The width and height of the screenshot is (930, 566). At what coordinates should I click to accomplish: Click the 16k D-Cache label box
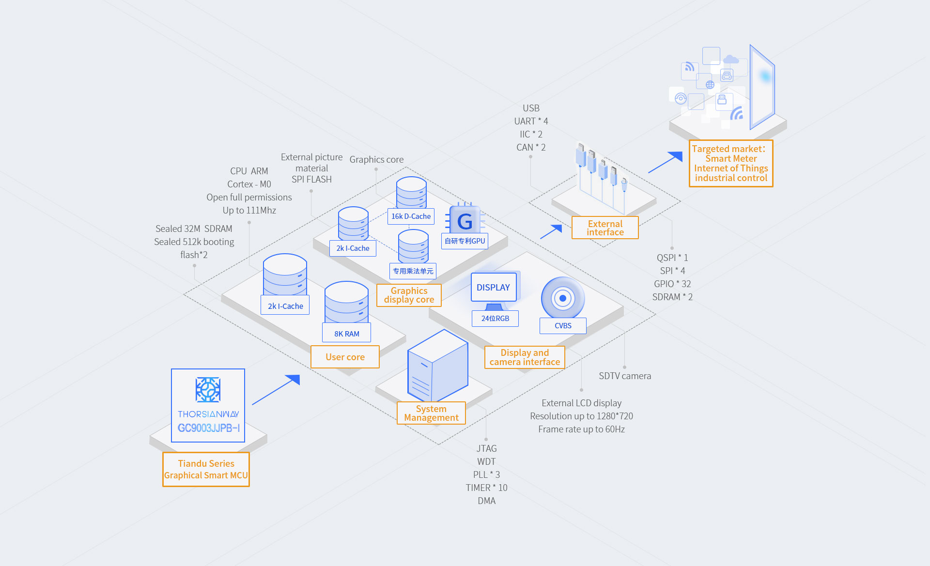(411, 216)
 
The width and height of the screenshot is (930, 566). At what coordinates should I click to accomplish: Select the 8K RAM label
(347, 334)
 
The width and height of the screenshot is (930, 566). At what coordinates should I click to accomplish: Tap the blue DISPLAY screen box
(494, 287)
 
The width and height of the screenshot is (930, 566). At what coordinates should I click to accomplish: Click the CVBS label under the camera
(563, 325)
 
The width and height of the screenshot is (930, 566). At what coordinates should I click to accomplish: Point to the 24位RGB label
(495, 318)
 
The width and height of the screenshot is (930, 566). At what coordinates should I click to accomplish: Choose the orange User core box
(345, 357)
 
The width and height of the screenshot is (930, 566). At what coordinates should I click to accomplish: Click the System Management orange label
(431, 413)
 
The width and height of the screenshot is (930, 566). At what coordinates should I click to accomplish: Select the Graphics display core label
(409, 295)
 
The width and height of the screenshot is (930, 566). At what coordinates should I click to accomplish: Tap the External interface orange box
(605, 228)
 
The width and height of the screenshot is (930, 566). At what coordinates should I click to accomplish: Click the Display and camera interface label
(525, 357)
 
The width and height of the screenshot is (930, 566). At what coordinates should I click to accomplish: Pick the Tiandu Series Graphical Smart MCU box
(206, 469)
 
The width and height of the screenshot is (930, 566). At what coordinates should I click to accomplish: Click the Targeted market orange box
(731, 163)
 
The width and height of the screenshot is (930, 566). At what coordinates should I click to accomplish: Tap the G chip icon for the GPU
(465, 221)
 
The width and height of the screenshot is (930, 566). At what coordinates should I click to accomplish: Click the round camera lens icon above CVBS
(563, 298)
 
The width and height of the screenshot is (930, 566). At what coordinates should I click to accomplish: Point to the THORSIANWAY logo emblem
(208, 390)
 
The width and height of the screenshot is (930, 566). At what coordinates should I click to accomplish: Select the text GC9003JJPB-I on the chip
(208, 428)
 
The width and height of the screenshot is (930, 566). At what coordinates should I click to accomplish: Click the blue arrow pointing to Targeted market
(666, 162)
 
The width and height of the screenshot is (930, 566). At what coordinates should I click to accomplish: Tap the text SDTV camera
(625, 376)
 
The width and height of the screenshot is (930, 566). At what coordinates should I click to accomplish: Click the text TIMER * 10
(486, 488)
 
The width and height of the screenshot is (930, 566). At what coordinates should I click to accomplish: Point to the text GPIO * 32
(672, 284)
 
